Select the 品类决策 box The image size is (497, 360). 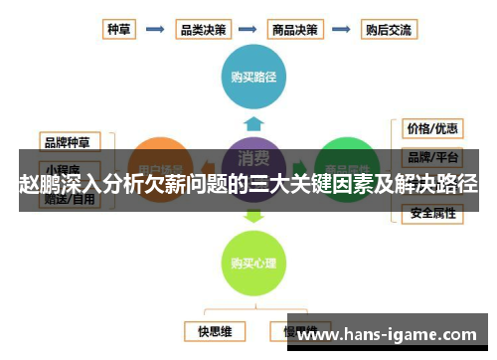(x=202, y=29)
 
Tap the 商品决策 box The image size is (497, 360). (x=296, y=29)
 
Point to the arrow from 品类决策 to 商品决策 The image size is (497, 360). (x=249, y=29)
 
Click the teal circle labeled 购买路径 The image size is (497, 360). (x=253, y=75)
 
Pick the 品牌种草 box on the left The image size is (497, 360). (x=70, y=139)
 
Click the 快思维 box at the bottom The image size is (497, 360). (x=214, y=329)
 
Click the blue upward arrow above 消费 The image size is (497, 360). (x=253, y=123)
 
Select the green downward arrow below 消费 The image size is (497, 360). (x=253, y=215)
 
